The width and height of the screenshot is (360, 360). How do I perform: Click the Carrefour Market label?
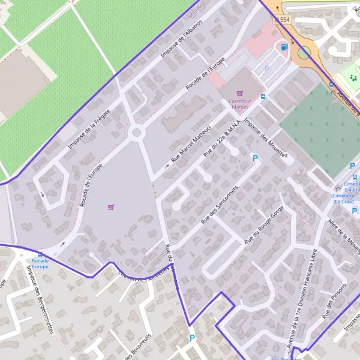[239, 104]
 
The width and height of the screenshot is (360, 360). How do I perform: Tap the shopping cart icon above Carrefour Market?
[240, 94]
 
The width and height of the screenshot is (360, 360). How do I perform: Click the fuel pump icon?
[284, 46]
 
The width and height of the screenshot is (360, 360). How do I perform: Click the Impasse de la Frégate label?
[90, 122]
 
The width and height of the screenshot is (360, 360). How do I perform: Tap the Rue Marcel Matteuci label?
[190, 144]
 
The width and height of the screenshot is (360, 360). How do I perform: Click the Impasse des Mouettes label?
[266, 138]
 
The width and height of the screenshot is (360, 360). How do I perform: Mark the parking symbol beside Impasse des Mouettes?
[254, 158]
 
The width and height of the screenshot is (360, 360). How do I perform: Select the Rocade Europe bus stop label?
[40, 263]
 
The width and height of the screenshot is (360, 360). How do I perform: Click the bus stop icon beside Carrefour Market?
[263, 96]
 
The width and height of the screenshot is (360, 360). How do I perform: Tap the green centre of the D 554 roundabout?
[304, 52]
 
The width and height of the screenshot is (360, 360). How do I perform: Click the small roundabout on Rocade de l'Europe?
[137, 132]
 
